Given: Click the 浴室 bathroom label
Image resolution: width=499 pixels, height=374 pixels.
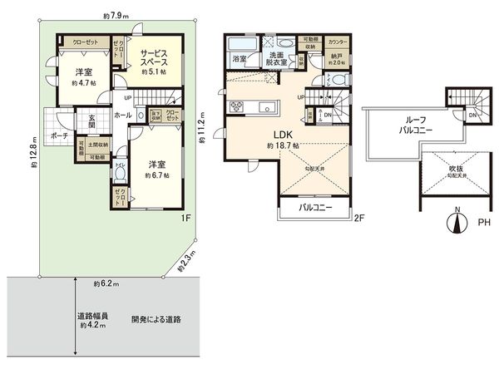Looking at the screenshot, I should tap(239, 59).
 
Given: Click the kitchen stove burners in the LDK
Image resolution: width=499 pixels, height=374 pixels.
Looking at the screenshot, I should tap(235, 105).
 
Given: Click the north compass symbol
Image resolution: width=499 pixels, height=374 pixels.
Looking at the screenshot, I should tap(454, 221).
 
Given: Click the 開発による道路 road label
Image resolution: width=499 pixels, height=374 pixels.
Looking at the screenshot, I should tap(156, 319).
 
